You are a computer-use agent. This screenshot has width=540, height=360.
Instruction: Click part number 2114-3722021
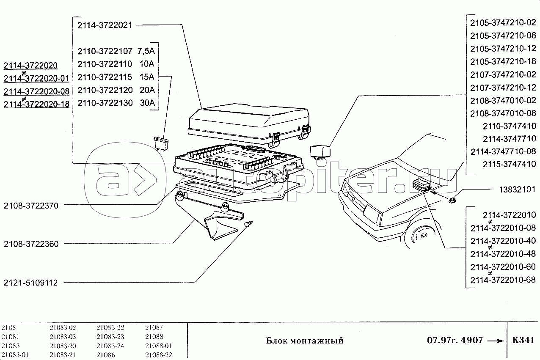(x=105, y=25)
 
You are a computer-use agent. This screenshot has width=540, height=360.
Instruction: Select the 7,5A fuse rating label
(x=146, y=51)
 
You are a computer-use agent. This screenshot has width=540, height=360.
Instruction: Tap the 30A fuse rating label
(x=147, y=103)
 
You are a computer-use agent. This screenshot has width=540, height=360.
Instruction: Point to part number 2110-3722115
(x=105, y=77)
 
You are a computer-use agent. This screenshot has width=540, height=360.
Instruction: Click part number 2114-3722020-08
(x=36, y=92)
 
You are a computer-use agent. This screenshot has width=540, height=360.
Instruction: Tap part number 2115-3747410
(x=509, y=164)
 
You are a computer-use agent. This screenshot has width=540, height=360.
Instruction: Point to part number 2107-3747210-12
(x=503, y=88)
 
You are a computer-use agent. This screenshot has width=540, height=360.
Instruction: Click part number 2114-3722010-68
(x=503, y=280)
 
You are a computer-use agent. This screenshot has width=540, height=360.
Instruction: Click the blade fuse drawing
(x=161, y=143)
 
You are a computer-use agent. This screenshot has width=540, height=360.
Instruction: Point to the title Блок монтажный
(x=305, y=341)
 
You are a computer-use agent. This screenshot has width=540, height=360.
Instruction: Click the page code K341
(x=523, y=341)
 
